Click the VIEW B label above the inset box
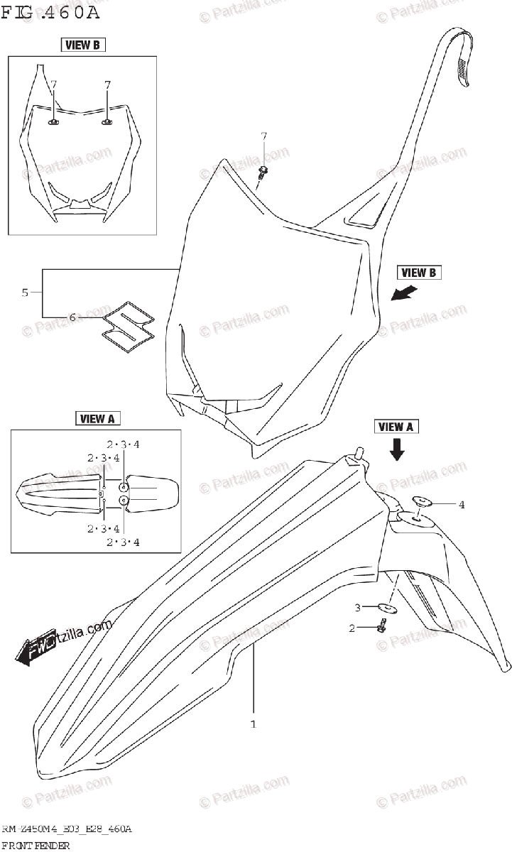82,45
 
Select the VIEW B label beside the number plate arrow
418,273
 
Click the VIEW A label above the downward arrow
396,427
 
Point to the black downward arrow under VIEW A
396,449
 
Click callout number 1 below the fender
253,724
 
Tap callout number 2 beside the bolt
351,628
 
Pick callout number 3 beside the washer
359,608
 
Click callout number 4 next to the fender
461,505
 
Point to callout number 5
25,293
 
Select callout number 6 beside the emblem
72,317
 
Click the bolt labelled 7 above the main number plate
263,173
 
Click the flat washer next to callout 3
386,608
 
